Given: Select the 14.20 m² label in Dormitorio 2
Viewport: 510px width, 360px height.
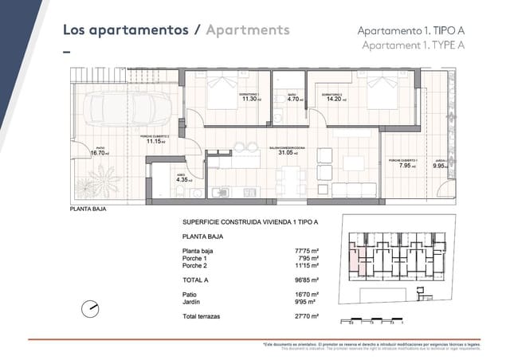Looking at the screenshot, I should (331, 99).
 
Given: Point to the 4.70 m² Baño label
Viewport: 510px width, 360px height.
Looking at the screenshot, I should (292, 99).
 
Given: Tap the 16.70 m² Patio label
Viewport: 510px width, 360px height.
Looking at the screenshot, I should (100, 152).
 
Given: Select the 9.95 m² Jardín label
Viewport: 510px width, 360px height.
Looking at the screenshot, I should (441, 166).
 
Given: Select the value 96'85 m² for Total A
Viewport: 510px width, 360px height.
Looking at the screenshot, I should (306, 280).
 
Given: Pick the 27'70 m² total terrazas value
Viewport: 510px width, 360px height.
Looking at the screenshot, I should (306, 317).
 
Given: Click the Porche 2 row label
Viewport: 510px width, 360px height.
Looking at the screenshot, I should (194, 265).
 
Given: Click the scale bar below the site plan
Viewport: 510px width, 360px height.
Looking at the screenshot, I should (375, 322).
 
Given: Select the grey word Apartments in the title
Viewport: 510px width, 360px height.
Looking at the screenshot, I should (247, 30).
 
